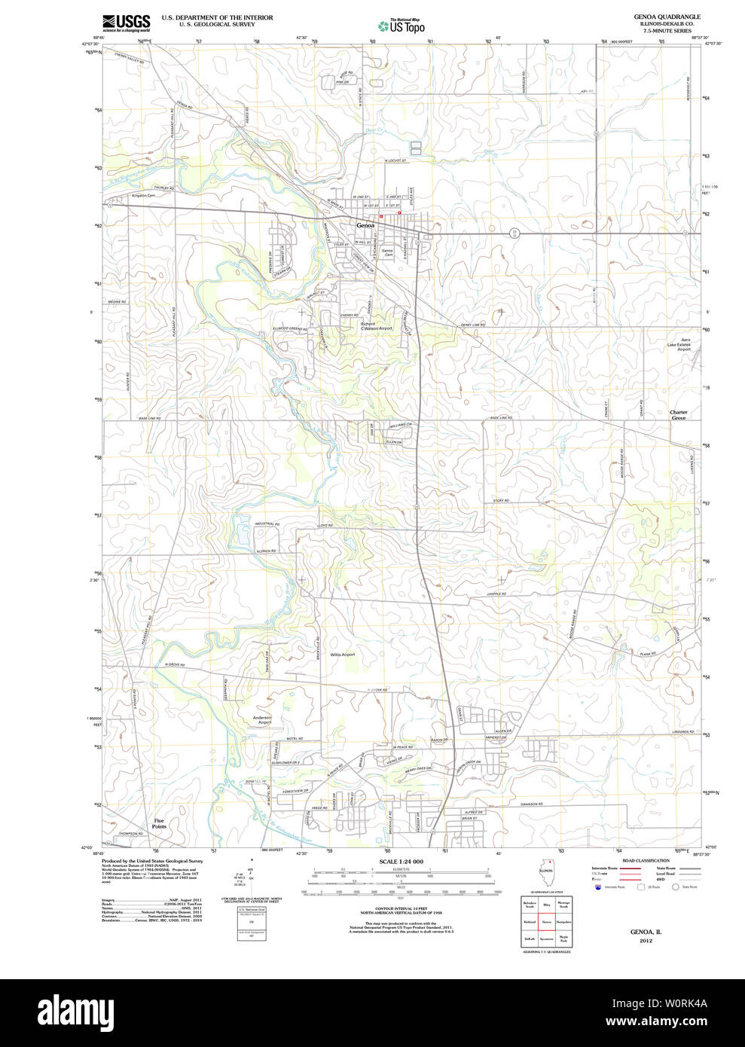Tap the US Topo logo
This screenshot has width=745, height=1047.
pyautogui.click(x=402, y=26)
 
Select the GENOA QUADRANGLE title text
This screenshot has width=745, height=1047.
pyautogui.click(x=667, y=17)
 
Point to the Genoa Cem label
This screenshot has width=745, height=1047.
pyautogui.click(x=387, y=252)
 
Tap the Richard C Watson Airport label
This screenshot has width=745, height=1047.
pyautogui.click(x=376, y=326)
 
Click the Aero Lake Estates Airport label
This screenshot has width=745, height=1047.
pyautogui.click(x=683, y=344)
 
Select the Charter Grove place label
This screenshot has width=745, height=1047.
pyautogui.click(x=679, y=414)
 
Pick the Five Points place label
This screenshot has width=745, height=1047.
pyautogui.click(x=159, y=823)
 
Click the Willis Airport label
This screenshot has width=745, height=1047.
pyautogui.click(x=342, y=655)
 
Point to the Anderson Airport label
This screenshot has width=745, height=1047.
pyautogui.click(x=261, y=720)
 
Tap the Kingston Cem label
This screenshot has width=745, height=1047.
pyautogui.click(x=142, y=196)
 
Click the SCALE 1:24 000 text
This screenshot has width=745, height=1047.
pyautogui.click(x=401, y=862)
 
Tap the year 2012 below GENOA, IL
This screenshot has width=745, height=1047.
pyautogui.click(x=646, y=941)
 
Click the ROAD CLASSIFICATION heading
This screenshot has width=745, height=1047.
pyautogui.click(x=646, y=860)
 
